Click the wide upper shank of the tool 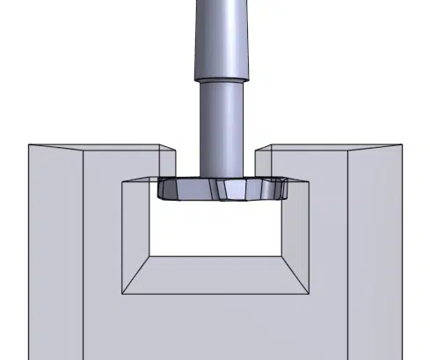(x=215, y=35)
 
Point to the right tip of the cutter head (x=290, y=188)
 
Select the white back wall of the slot (x=215, y=229)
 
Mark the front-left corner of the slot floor (x=122, y=293)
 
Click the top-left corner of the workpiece (x=29, y=144)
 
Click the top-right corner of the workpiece (x=401, y=144)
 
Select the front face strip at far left (x=55, y=255)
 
